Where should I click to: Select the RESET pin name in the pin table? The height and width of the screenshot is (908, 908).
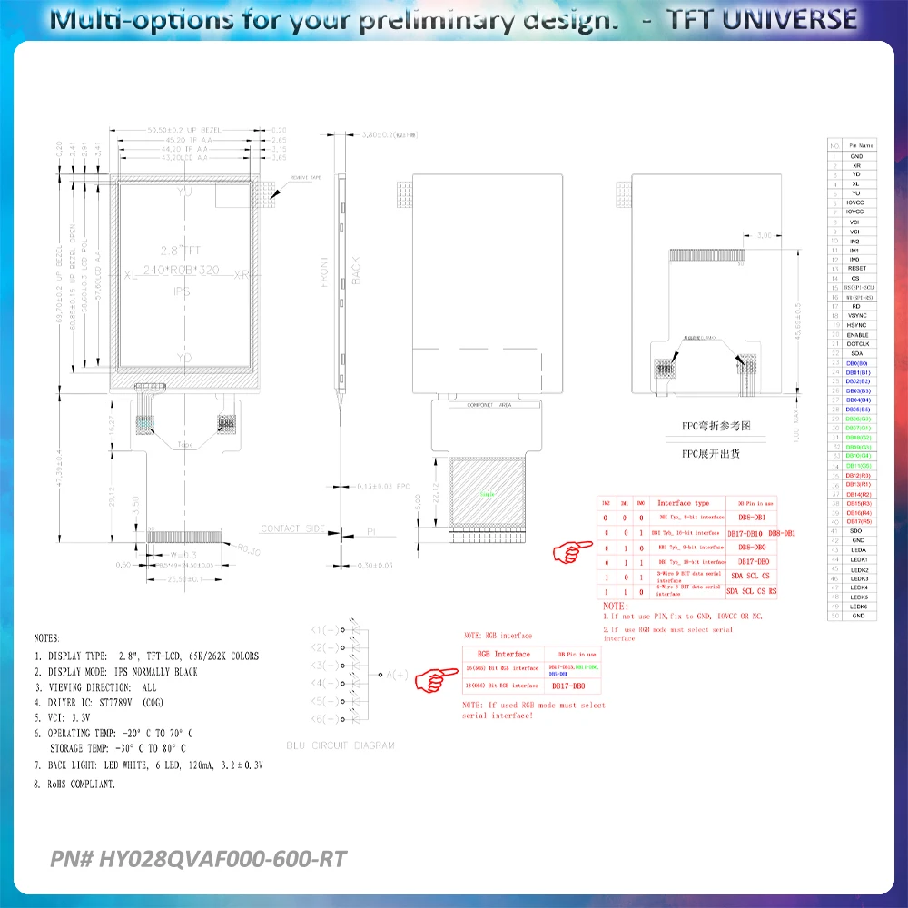coord(857,269)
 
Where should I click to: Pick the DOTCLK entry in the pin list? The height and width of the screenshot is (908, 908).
coord(857,344)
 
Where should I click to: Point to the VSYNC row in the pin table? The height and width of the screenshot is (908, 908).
coord(857,316)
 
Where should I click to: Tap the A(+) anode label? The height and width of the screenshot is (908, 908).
coord(397,674)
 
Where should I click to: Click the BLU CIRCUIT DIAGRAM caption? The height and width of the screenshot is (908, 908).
coord(340,745)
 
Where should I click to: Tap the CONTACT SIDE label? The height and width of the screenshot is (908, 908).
coord(293,528)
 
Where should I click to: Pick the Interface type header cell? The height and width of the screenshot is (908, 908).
coord(683,503)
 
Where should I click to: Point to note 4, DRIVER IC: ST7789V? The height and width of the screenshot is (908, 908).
coord(98,702)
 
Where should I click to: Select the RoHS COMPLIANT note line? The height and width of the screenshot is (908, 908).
coord(74,783)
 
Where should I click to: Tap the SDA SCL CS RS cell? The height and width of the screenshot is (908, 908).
coord(752,592)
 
